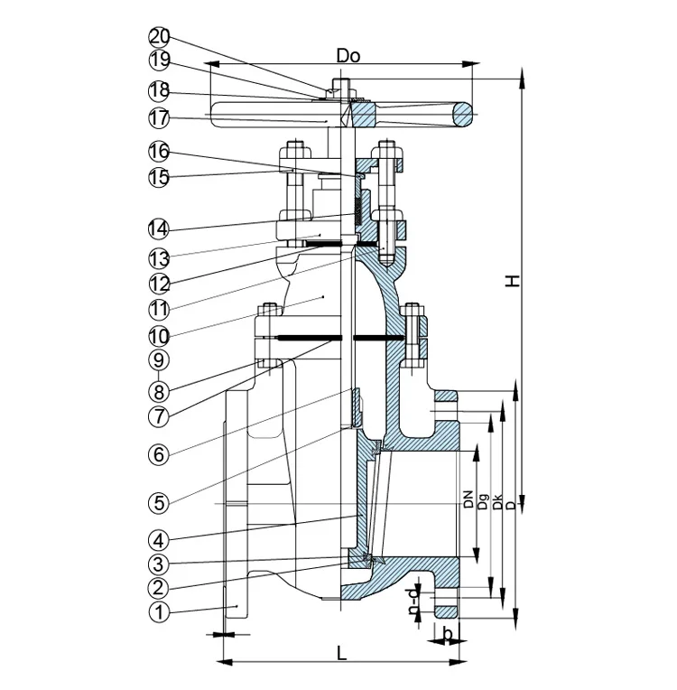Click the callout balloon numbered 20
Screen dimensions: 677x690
pyautogui.click(x=159, y=37)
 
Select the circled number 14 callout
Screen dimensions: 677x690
pyautogui.click(x=159, y=229)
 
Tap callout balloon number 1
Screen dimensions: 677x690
pyautogui.click(x=159, y=611)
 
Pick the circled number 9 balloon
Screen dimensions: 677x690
pyautogui.click(x=159, y=360)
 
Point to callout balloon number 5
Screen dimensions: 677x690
pyautogui.click(x=159, y=502)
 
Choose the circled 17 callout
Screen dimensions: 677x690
pyautogui.click(x=159, y=118)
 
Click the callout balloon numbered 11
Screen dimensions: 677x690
pyautogui.click(x=159, y=309)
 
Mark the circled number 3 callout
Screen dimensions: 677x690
pyautogui.click(x=159, y=564)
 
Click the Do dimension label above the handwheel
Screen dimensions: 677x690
pyautogui.click(x=348, y=56)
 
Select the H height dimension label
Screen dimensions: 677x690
pyautogui.click(x=512, y=281)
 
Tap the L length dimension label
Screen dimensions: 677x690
pyautogui.click(x=342, y=653)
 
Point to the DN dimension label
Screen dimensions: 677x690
pyautogui.click(x=468, y=499)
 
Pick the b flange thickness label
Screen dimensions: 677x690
pyautogui.click(x=448, y=635)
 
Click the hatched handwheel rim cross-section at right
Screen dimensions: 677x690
pyautogui.click(x=464, y=115)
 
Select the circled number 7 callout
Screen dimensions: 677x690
pyautogui.click(x=159, y=415)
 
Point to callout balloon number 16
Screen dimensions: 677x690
pyautogui.click(x=159, y=152)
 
